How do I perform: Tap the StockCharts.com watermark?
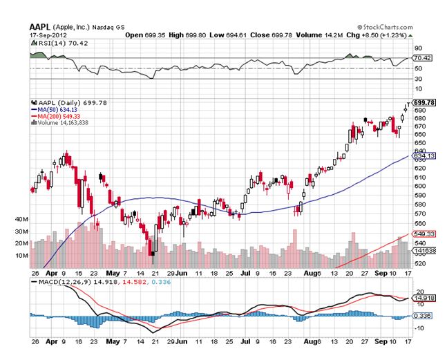(x=381, y=26)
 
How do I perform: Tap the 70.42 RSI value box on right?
(x=421, y=59)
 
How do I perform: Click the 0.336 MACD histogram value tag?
(x=421, y=316)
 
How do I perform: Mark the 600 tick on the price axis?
(x=419, y=186)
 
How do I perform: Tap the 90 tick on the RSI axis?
(x=418, y=48)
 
